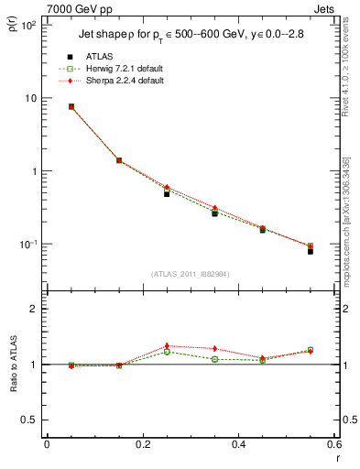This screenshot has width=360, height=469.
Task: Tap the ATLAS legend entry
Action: point(99,58)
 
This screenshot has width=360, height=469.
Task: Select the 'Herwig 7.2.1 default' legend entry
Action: point(119,70)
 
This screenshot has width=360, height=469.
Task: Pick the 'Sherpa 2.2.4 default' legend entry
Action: point(119,82)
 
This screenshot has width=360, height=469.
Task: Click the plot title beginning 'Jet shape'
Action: point(184,34)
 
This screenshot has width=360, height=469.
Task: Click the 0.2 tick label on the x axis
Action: point(142,444)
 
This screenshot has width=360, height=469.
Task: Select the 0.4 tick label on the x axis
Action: point(238,444)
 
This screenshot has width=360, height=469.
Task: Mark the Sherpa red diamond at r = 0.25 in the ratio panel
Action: point(167,345)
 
